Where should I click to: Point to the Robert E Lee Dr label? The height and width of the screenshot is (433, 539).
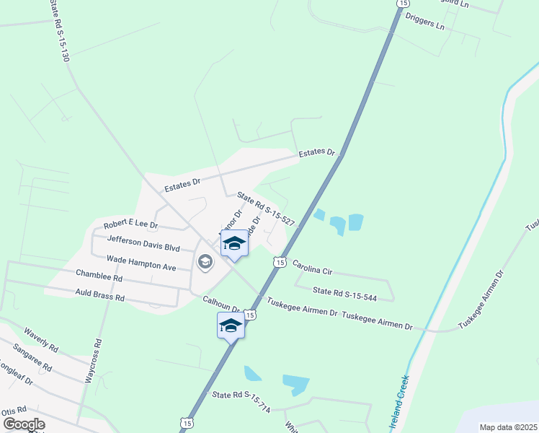pos(130,225)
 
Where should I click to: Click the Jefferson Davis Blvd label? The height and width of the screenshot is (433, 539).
pos(142,242)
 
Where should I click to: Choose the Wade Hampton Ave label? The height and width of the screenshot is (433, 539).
pos(141,262)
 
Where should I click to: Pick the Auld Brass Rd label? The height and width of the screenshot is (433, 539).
pos(99,296)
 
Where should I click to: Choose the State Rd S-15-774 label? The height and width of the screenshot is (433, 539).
pos(241,401)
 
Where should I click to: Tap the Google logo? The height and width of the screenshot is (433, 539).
pos(24,424)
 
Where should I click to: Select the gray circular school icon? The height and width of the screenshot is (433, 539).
pos(205,262)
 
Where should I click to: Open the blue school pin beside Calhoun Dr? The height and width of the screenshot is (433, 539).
pos(231,325)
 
